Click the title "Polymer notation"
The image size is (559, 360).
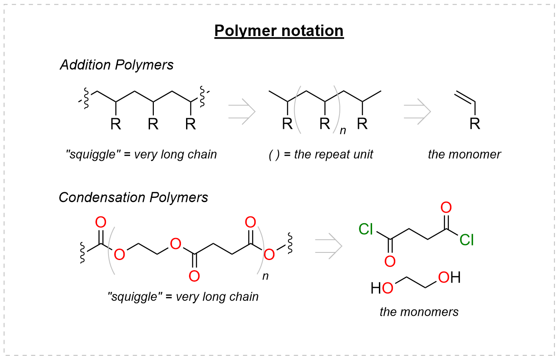pos(279,31)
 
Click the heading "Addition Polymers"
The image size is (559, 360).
pos(117,65)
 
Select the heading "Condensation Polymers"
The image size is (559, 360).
pos(133,197)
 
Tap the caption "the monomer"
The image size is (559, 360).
pos(464,154)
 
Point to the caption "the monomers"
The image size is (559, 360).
pos(419,312)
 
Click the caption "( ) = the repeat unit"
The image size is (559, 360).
pos(321,155)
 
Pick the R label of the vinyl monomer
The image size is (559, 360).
pos(476,124)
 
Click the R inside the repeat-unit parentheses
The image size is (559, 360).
pos(325,124)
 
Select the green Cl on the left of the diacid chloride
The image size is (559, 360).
pos(365,229)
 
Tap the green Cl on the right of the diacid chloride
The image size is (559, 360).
pos(467,240)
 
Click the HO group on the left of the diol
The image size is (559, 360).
pos(382,288)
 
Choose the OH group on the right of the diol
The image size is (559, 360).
pos(449,278)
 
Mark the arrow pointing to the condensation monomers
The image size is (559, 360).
pos(328,246)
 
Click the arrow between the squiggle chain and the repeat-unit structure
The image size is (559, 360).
pos(242,112)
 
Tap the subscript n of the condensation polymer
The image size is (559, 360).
pos(265,277)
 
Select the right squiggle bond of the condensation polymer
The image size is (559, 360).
pos(291,243)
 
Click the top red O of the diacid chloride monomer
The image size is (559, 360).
pos(446,208)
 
